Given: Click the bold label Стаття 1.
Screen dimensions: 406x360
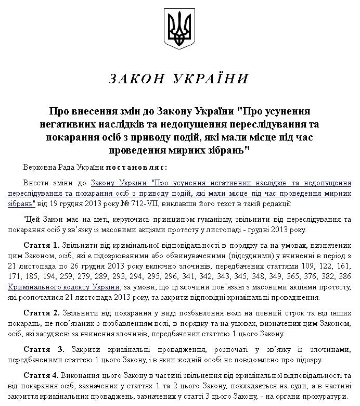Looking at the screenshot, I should [x=42, y=244].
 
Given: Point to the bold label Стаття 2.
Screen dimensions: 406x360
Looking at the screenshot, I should [x=42, y=314].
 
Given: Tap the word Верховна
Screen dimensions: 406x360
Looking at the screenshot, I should [x=40, y=168].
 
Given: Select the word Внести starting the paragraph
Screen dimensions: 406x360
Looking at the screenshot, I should [x=35, y=183].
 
